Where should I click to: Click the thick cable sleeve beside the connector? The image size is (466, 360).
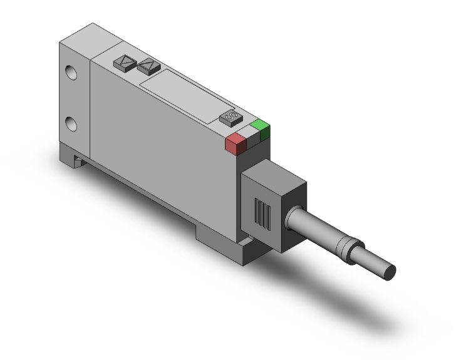[x=313, y=227]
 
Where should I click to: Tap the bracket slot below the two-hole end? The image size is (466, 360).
[x=76, y=160]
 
